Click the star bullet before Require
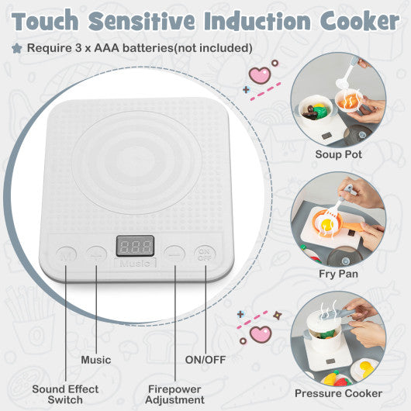(x=16, y=48)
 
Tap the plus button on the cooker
(x=96, y=253)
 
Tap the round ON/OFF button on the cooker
(x=205, y=253)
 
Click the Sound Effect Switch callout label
(x=65, y=394)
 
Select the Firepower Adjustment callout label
(x=175, y=394)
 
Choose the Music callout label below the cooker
(x=96, y=360)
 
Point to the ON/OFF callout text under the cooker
(x=204, y=360)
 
